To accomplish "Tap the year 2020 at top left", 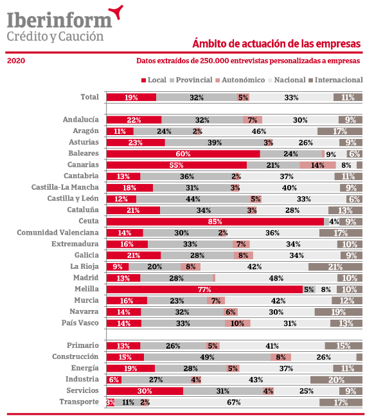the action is pyautogui.click(x=16, y=61).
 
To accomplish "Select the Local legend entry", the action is pyautogui.click(x=154, y=80).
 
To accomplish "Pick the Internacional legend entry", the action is pyautogui.click(x=335, y=80).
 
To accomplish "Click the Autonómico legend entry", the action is pyautogui.click(x=240, y=80).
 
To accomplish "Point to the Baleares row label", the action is pyautogui.click(x=84, y=154).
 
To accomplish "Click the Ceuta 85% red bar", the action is pyautogui.click(x=215, y=222).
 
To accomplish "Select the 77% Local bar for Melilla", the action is pyautogui.click(x=204, y=289).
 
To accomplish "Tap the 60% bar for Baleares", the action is pyautogui.click(x=183, y=154).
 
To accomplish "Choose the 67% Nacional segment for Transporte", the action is pyautogui.click(x=234, y=403).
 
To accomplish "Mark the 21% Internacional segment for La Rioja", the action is pyautogui.click(x=335, y=267).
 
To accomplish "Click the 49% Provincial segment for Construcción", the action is pyautogui.click(x=208, y=358).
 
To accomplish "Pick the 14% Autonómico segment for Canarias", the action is pyautogui.click(x=318, y=165).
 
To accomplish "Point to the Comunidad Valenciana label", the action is pyautogui.click(x=58, y=232).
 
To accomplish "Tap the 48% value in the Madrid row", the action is pyautogui.click(x=276, y=278).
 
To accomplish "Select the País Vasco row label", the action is pyautogui.click(x=80, y=323).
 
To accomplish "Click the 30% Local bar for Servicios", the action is pyautogui.click(x=145, y=391).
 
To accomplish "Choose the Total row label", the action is pyautogui.click(x=89, y=97).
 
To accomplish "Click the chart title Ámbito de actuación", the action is pyautogui.click(x=276, y=44).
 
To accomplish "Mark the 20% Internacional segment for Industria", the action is pyautogui.click(x=336, y=380).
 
